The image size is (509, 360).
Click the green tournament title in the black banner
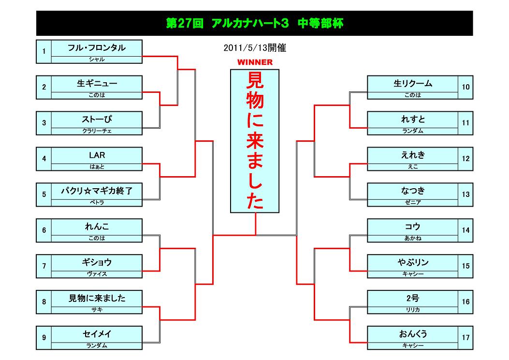[254, 24]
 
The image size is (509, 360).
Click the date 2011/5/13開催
[255, 48]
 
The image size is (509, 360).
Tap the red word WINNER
[255, 62]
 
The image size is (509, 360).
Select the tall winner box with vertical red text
[255, 141]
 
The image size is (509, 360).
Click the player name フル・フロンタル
[97, 48]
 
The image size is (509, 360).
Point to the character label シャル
[97, 60]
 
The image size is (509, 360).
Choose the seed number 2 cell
[44, 87]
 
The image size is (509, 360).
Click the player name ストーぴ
[97, 119]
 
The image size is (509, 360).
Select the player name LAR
[97, 155]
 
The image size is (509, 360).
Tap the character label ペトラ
[97, 203]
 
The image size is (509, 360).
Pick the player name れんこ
[97, 226]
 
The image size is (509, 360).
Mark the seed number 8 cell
[44, 302]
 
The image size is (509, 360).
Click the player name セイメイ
[97, 334]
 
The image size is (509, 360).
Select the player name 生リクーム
[413, 84]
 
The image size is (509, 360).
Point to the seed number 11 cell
[465, 123]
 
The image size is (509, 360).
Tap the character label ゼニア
[413, 203]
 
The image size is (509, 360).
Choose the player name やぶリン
[413, 262]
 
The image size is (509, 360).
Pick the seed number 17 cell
[465, 338]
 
